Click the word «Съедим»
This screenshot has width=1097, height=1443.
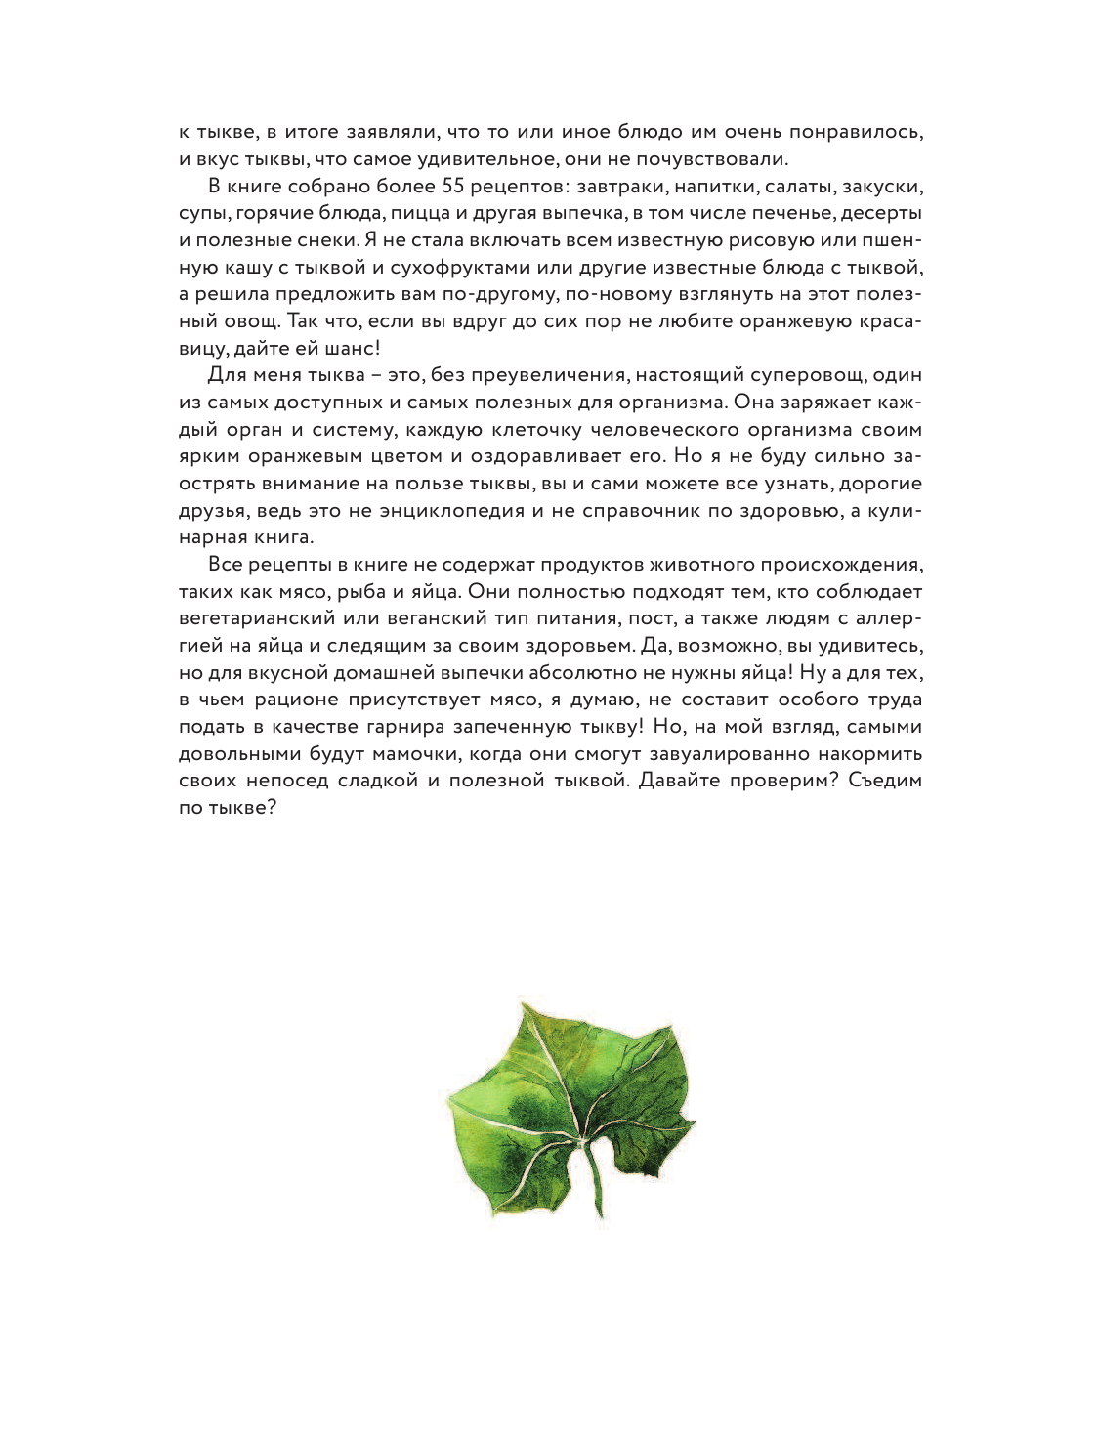885,781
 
